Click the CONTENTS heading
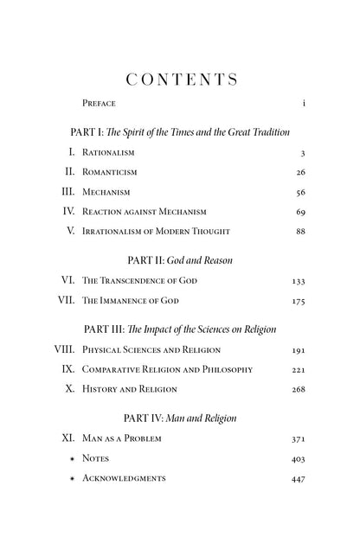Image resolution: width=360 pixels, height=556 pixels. [x=181, y=80]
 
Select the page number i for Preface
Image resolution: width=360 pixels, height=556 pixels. [x=305, y=104]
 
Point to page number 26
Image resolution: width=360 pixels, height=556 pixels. [x=300, y=172]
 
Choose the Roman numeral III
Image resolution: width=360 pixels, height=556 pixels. [x=66, y=192]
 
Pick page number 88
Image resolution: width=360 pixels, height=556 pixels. [x=300, y=231]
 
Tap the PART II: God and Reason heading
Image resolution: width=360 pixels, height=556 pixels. [x=180, y=259]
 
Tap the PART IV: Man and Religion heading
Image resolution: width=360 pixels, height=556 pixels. [x=180, y=419]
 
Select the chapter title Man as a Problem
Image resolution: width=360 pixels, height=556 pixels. [x=122, y=439]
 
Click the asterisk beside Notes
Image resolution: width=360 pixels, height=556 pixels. [x=72, y=459]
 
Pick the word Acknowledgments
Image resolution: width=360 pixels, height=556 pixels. [x=124, y=479]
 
